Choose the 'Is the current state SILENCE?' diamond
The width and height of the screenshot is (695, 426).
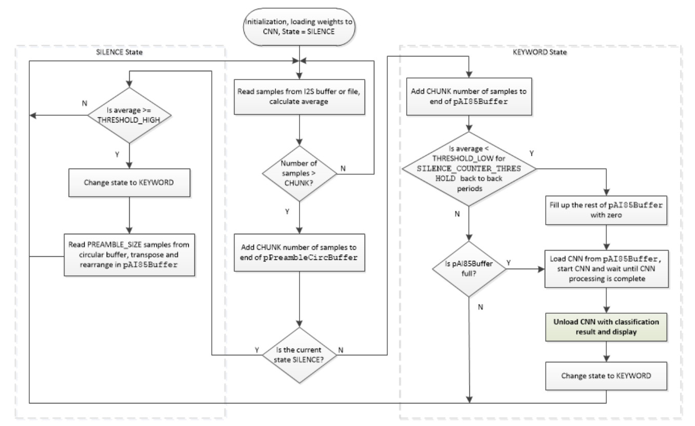pyautogui.click(x=300, y=354)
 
